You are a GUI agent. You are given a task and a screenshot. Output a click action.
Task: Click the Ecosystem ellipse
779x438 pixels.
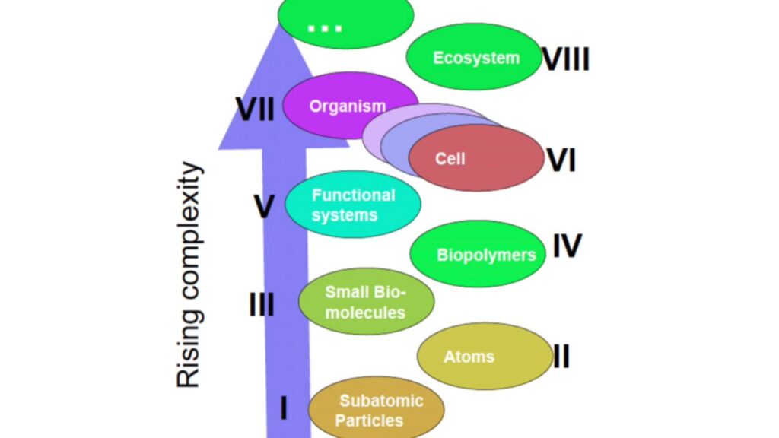(475, 57)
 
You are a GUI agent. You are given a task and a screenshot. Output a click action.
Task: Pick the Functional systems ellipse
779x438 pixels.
(352, 204)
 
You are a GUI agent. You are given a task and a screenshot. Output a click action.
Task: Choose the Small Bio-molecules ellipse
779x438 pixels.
(366, 302)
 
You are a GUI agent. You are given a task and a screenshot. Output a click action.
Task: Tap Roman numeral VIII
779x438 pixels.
(565, 59)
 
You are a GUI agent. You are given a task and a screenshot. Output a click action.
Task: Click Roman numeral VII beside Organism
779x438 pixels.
(255, 109)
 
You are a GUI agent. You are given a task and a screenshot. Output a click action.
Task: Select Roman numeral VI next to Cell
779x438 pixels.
(561, 160)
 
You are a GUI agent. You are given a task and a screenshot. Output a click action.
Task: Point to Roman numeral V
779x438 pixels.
(263, 206)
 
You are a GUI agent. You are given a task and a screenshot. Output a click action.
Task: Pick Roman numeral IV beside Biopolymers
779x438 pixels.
(567, 246)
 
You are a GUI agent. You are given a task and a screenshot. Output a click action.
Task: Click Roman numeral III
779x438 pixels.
(262, 305)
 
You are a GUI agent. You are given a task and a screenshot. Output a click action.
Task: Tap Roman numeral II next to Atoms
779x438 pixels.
(561, 356)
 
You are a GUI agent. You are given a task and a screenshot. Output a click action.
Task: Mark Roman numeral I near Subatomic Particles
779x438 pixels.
(284, 409)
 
